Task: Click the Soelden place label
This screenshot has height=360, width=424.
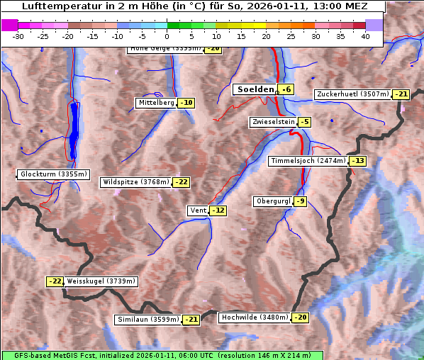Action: (x=255, y=89)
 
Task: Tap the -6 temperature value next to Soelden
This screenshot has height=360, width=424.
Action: (x=286, y=89)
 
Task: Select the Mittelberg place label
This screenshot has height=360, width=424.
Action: (x=156, y=103)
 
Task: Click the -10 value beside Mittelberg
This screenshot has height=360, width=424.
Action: (x=186, y=103)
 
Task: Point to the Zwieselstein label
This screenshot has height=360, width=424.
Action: (x=273, y=122)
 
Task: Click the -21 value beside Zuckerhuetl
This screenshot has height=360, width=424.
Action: (x=401, y=94)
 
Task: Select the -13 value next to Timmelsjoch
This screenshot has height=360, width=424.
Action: (x=357, y=161)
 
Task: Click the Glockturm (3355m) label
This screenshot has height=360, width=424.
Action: (x=54, y=174)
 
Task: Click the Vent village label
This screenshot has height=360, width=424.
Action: (x=198, y=210)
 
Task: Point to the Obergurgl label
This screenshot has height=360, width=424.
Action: (x=273, y=201)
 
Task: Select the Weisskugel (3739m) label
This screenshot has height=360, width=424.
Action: (x=101, y=281)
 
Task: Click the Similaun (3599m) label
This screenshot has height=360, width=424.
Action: (x=148, y=320)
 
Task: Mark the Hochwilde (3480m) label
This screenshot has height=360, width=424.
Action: (x=254, y=317)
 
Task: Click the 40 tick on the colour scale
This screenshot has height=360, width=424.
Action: (x=365, y=36)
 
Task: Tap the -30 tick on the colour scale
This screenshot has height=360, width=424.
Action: (x=18, y=36)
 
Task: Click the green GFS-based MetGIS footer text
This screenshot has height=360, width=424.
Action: (x=162, y=355)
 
